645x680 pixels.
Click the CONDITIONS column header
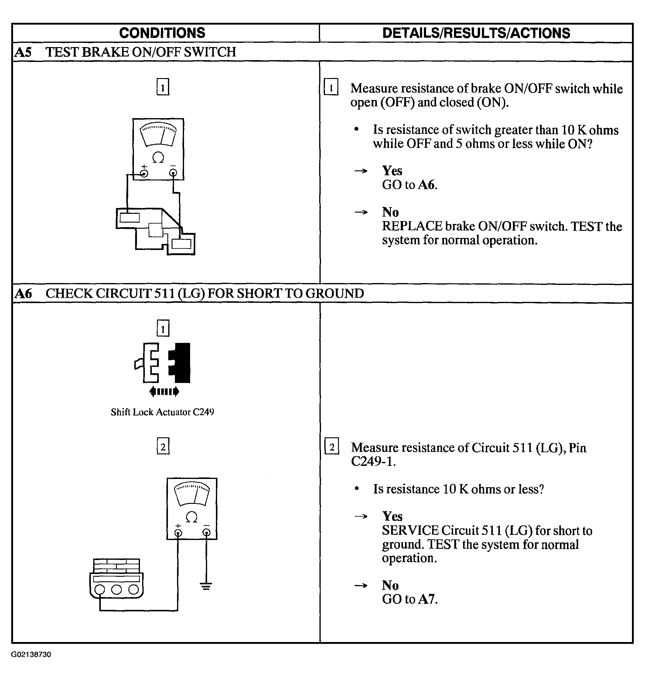click(x=162, y=33)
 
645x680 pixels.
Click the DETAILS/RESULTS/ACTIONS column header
click(x=476, y=33)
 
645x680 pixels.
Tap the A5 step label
click(x=23, y=52)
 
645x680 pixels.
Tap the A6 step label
click(x=23, y=294)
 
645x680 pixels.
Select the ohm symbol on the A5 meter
click(x=158, y=158)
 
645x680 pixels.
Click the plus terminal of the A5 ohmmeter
click(x=144, y=173)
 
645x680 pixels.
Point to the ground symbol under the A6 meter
click(x=206, y=586)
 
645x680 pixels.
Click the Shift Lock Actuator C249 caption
click(x=162, y=412)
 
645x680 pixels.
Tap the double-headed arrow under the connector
click(x=164, y=391)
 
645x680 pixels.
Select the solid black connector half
click(x=181, y=363)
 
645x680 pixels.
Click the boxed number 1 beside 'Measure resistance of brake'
click(x=331, y=87)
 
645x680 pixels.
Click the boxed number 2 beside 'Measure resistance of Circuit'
click(x=332, y=446)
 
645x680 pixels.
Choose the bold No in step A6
click(x=390, y=586)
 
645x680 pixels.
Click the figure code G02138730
click(x=31, y=654)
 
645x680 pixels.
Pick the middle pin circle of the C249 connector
click(x=117, y=589)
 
